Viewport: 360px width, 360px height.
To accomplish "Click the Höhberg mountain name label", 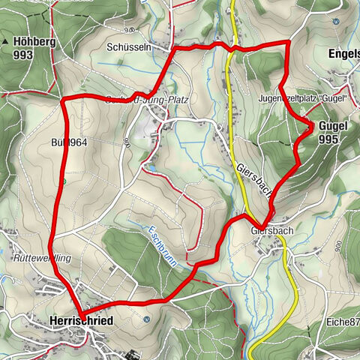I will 34,42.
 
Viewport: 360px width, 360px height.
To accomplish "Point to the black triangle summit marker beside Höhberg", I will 7,42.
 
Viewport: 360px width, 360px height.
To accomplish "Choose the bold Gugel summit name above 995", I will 331,126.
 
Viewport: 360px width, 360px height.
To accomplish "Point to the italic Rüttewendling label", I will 41,256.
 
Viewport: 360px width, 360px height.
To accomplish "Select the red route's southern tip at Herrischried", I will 82,312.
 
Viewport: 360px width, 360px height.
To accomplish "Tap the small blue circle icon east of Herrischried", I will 148,319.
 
